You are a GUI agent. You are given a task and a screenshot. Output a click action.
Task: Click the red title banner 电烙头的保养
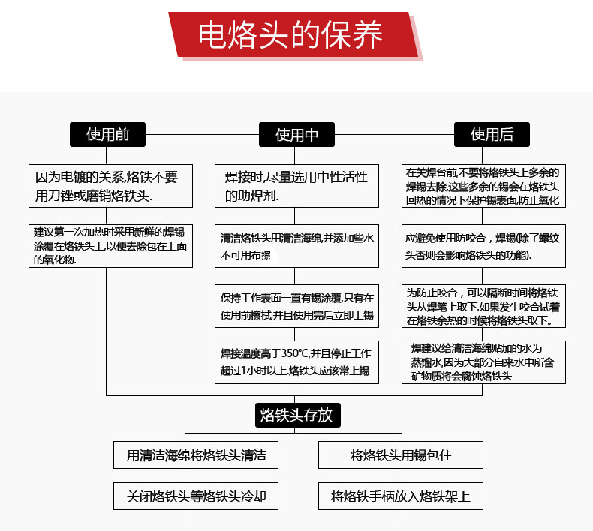coord(291,34)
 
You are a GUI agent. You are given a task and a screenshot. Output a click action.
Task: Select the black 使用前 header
coord(107,134)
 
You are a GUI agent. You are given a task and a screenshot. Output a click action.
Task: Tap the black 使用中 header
coord(296,134)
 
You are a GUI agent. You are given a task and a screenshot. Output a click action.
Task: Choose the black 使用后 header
coord(492,134)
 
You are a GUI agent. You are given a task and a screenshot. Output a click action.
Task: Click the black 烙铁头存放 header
coord(297,414)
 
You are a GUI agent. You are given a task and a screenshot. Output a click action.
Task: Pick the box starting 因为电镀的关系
coord(110,186)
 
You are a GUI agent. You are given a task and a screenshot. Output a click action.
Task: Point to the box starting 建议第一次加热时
coord(110,245)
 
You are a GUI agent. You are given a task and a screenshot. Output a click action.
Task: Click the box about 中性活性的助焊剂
coord(296,186)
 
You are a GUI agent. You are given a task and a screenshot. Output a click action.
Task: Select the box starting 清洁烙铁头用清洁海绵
coord(296,245)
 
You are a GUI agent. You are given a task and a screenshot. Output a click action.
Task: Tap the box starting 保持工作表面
coord(296,305)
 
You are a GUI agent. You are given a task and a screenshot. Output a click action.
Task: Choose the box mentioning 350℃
coord(296,362)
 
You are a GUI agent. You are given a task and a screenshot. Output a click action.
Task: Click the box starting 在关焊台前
coord(483,186)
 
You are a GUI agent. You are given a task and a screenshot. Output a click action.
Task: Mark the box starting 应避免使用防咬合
coord(483,245)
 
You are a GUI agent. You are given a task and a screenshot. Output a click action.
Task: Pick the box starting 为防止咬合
coord(483,305)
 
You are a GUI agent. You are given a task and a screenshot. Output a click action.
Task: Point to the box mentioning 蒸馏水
coord(483,361)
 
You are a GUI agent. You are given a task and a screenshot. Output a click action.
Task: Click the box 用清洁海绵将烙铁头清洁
coord(196,455)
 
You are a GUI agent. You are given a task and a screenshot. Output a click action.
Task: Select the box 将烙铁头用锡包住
coord(401,455)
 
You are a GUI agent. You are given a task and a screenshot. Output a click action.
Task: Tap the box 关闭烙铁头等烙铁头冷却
coord(196,496)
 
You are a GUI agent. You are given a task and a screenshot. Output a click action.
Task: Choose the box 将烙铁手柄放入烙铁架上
coord(401,496)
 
